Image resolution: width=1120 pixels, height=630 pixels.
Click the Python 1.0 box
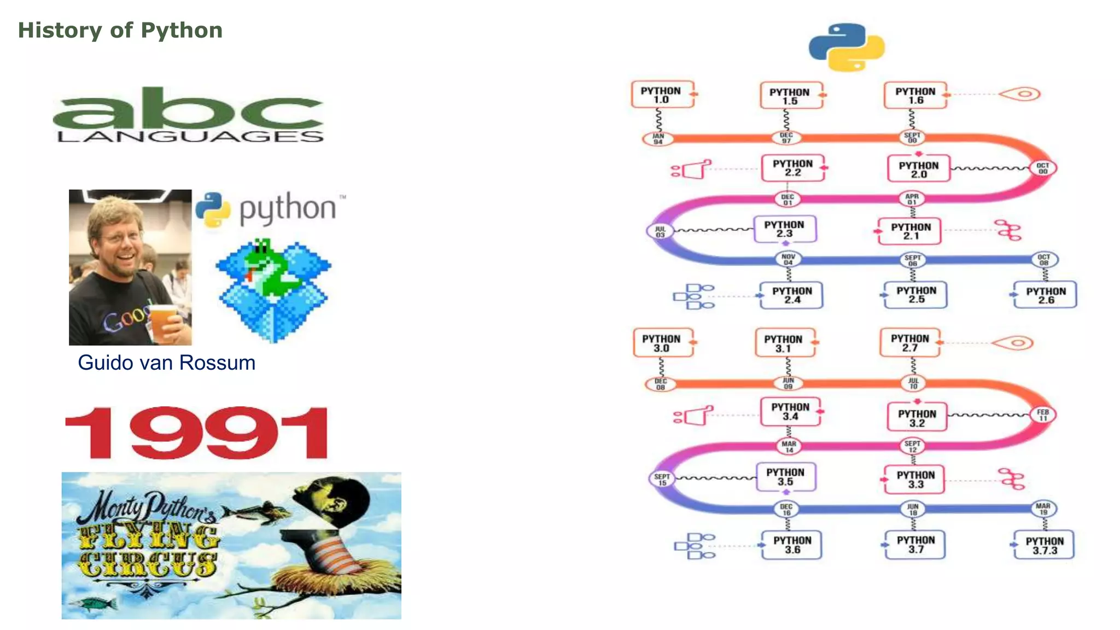coord(662,95)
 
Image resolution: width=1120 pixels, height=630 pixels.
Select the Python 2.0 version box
coord(919,170)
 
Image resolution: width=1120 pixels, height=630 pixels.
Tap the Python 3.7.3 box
coord(1045,545)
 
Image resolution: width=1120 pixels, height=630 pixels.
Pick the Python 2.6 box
coord(1046,295)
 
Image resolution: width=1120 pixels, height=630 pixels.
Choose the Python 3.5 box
coord(785,477)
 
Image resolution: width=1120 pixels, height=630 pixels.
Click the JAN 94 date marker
coord(658,139)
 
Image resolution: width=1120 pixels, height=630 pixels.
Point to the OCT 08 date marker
coord(1044,260)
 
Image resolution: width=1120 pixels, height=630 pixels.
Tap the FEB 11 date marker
coord(1043,415)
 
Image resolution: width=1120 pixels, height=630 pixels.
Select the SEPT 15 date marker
coord(662,480)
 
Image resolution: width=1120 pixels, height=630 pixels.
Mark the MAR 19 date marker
coord(1043,509)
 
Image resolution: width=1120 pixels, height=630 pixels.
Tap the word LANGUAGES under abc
coord(190,137)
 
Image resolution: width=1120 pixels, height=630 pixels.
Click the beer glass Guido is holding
coord(162,323)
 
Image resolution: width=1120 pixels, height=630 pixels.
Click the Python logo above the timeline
coord(847,47)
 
